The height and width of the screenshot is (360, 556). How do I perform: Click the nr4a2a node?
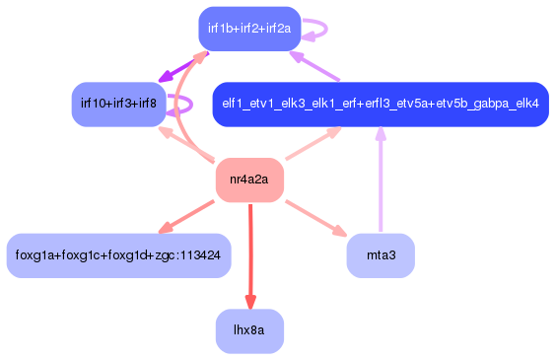pyautogui.click(x=249, y=180)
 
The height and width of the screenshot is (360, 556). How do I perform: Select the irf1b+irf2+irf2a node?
pyautogui.click(x=249, y=28)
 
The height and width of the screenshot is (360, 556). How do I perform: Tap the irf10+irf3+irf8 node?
pyautogui.click(x=118, y=104)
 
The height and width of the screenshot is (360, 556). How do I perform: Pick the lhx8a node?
pyautogui.click(x=249, y=331)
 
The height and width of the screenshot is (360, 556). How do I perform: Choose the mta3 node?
pyautogui.click(x=381, y=255)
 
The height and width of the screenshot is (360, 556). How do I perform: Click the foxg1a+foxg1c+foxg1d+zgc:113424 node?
pyautogui.click(x=118, y=255)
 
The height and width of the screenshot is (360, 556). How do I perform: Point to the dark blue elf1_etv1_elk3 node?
pyautogui.click(x=381, y=104)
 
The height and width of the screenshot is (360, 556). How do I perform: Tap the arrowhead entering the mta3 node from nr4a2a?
pyautogui.click(x=338, y=232)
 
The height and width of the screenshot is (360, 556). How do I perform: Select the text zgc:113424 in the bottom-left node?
pyautogui.click(x=190, y=255)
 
